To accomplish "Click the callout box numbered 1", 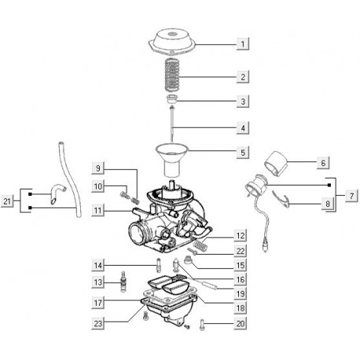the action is point(243,44).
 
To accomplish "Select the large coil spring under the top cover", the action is point(172,75).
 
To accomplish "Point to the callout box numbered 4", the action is point(243,128).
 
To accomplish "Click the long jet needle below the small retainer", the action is point(172,123).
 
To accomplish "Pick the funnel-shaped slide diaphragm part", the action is point(172,160).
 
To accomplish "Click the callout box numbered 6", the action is point(323,163).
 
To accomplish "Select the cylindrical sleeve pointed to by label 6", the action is point(275,163).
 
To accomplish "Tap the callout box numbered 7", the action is point(351,196).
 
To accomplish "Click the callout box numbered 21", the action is point(7,201).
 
